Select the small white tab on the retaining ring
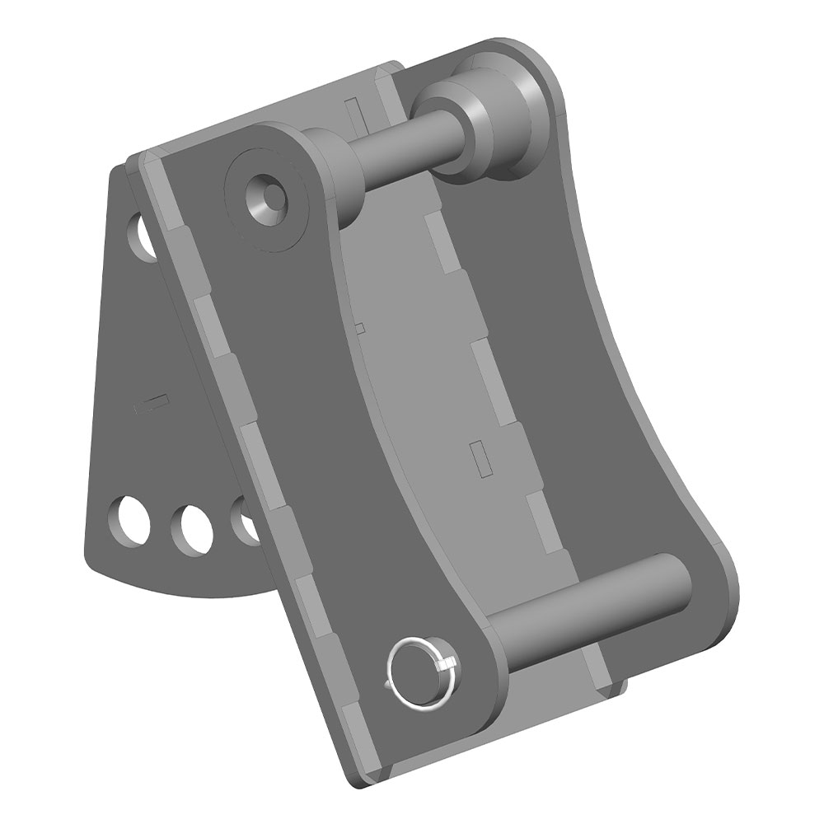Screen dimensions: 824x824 click(x=448, y=664)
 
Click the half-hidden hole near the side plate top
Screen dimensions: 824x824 click(x=144, y=236)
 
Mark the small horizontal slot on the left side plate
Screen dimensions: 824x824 click(x=152, y=402)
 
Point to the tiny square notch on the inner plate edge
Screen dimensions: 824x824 click(x=359, y=328)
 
